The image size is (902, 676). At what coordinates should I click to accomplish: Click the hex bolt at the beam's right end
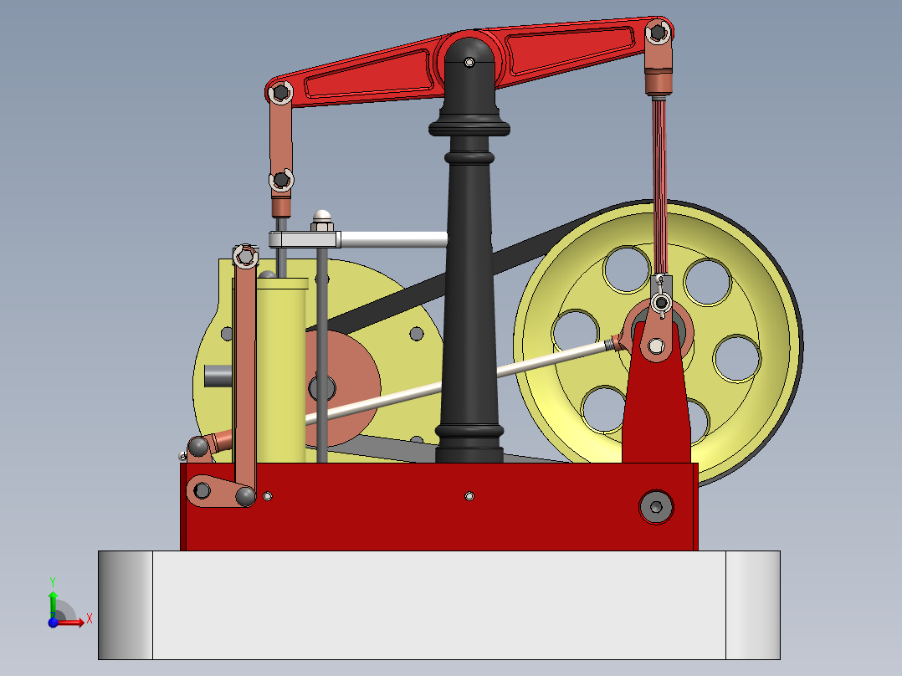tap(659, 32)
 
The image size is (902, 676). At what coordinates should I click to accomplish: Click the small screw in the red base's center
tap(469, 496)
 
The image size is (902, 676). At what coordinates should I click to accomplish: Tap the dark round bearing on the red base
tap(656, 506)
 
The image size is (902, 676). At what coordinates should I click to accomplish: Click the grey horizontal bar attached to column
tap(393, 239)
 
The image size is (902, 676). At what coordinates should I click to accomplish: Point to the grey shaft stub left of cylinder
tap(218, 376)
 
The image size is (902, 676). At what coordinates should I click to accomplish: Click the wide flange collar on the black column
tap(469, 128)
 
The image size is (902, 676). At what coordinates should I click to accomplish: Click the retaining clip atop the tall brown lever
tap(244, 255)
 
